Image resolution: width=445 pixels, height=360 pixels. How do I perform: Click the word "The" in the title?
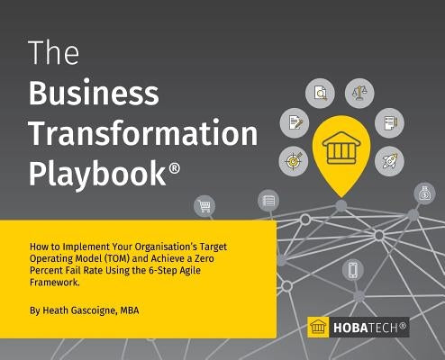click(54, 54)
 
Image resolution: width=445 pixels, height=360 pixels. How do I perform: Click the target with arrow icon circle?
click(293, 160)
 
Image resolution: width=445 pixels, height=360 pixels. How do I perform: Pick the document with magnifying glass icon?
click(320, 90)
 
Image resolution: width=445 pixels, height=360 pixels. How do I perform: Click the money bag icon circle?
click(424, 192)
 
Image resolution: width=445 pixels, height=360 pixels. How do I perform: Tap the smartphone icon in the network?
click(353, 268)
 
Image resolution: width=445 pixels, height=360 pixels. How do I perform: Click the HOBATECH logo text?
click(370, 327)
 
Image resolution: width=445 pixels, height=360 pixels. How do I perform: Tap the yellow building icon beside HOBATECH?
click(318, 327)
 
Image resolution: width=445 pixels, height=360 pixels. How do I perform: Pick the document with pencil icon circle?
click(293, 121)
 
